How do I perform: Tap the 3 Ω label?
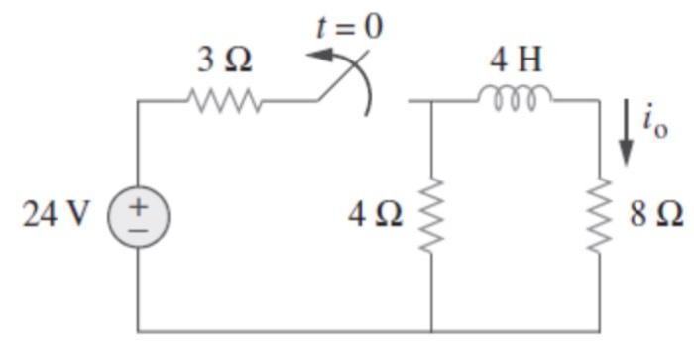pyautogui.click(x=223, y=60)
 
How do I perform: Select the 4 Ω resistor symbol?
pyautogui.click(x=431, y=214)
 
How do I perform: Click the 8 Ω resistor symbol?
pyautogui.click(x=599, y=214)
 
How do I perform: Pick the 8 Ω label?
pyautogui.click(x=655, y=214)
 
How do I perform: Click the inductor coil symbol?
pyautogui.click(x=516, y=98)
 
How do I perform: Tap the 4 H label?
pyautogui.click(x=516, y=60)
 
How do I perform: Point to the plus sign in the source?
pyautogui.click(x=138, y=205)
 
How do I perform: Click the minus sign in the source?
pyautogui.click(x=138, y=226)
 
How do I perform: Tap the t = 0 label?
pyautogui.click(x=348, y=26)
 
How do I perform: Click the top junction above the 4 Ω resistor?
pyautogui.click(x=431, y=100)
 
